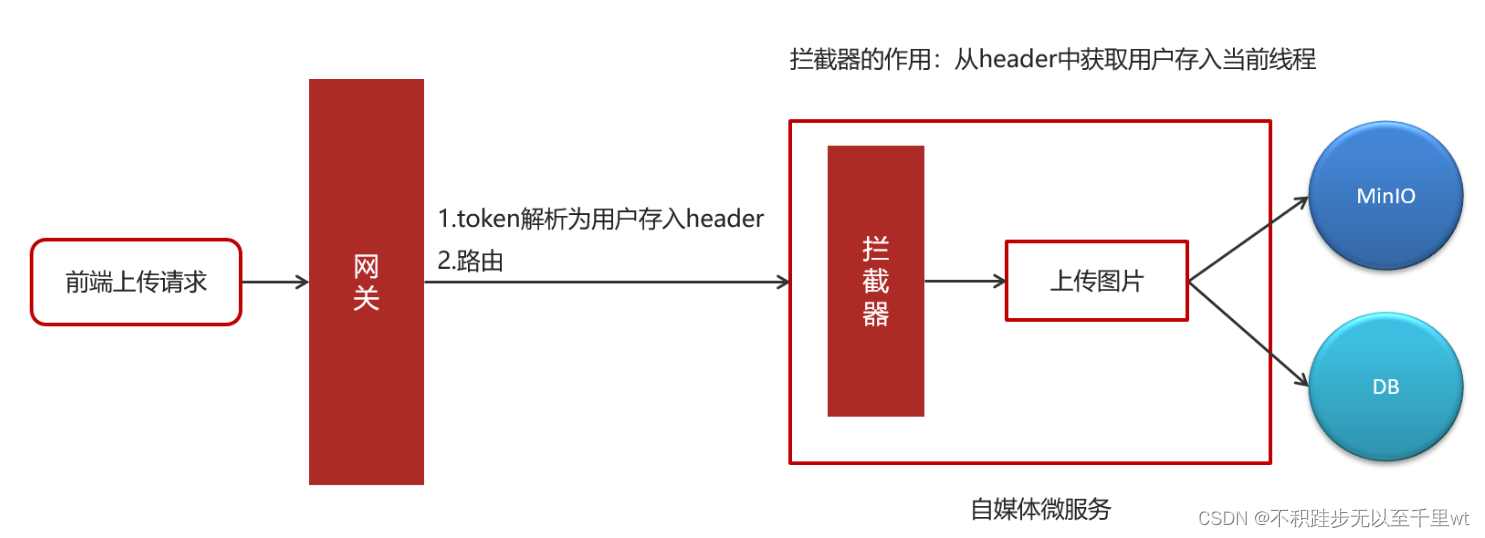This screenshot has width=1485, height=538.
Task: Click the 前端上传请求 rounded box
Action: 136,282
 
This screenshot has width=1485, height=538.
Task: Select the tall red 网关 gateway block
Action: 366,282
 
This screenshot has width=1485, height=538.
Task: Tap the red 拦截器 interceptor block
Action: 875,281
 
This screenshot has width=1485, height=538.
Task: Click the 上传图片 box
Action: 1096,281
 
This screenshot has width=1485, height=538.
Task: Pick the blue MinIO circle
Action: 1386,197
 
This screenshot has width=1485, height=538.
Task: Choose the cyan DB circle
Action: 1386,387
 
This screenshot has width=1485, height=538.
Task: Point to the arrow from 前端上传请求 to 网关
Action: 275,282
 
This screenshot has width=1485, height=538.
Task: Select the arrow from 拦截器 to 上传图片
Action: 964,281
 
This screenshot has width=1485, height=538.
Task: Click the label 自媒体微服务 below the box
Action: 1040,509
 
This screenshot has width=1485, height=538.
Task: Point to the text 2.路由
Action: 470,261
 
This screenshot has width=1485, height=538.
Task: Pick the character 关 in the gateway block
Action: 366,298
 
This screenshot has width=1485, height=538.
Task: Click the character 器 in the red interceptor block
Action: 875,315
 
